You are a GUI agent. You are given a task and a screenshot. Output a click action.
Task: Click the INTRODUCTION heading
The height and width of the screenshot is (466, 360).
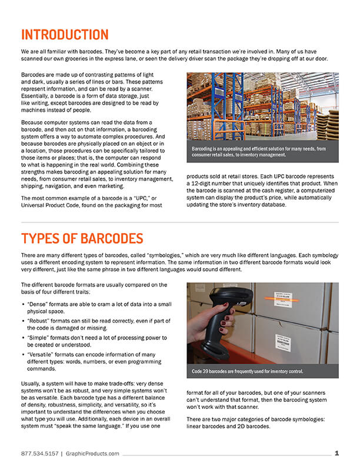(x=65, y=35)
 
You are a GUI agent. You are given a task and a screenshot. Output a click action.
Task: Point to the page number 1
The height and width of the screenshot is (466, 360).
(x=336, y=453)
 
